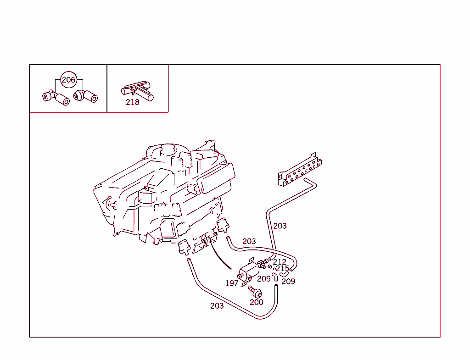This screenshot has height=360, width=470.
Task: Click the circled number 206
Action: pos(68,79)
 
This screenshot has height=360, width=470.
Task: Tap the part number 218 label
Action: pos(132,102)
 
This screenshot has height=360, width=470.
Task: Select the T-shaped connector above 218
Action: pos(137,90)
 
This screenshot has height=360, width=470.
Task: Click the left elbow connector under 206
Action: pos(56,98)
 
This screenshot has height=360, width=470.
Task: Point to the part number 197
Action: pos(231,283)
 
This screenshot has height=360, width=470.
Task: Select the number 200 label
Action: pos(256,302)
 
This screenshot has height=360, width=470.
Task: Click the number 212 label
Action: pos(279,262)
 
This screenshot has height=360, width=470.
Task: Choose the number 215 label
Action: pos(282,269)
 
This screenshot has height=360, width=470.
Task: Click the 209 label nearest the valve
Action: pos(263,278)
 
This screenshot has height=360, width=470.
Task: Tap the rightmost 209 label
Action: pos(288,282)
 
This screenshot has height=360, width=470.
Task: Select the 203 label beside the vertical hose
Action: pos(280,226)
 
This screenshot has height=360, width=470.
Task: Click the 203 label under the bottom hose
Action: pos(217,305)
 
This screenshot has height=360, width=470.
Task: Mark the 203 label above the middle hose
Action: pos(249,241)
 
